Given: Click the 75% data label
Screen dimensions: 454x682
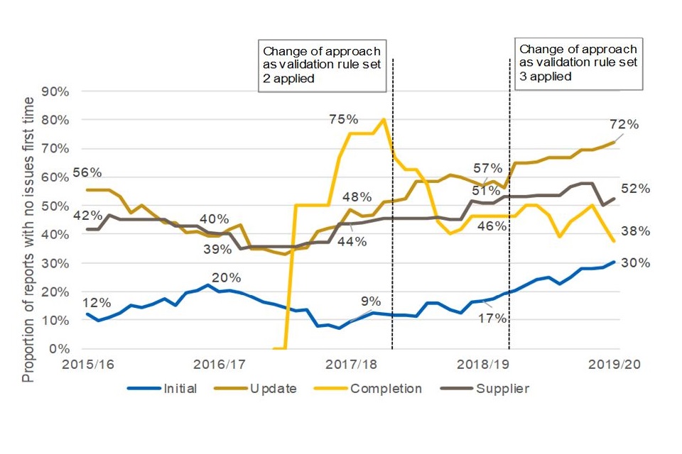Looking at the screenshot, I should (x=344, y=119).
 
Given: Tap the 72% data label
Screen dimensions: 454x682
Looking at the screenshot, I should (x=624, y=125).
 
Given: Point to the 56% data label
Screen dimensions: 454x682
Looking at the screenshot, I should (x=88, y=172).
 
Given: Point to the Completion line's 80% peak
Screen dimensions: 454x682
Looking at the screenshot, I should (x=384, y=119).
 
